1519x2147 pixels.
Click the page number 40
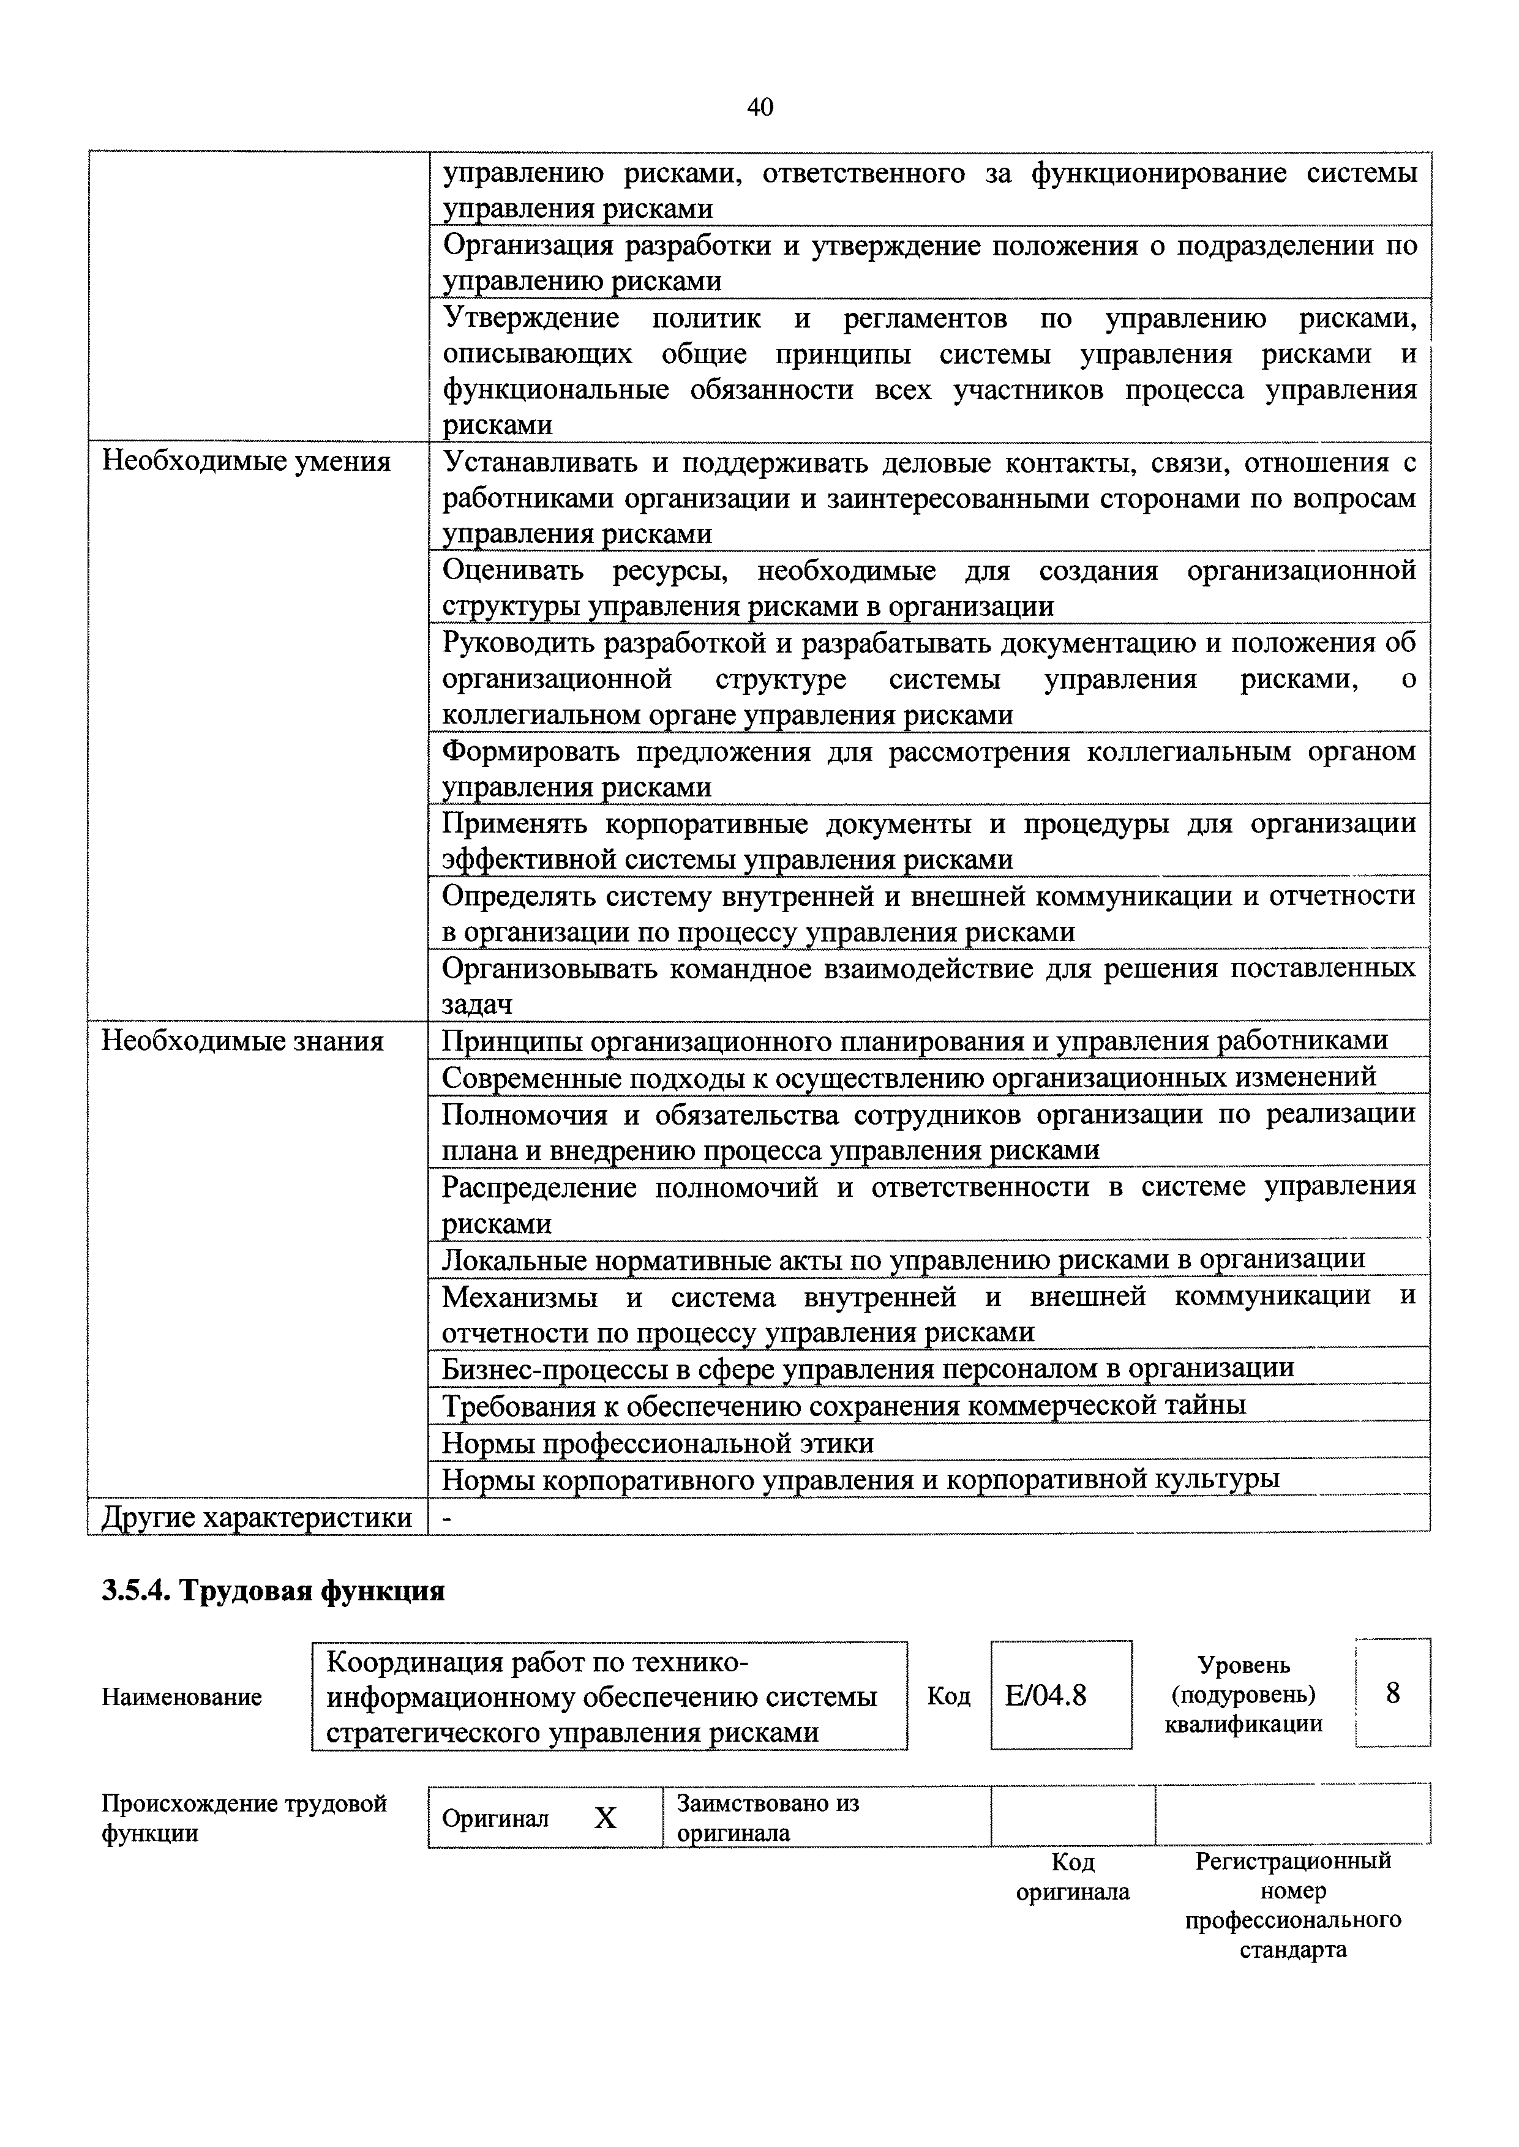point(759,108)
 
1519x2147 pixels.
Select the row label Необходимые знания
point(242,1041)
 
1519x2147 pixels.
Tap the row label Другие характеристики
point(257,1517)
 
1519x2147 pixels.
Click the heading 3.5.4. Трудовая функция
point(272,1591)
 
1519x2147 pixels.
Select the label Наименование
point(181,1696)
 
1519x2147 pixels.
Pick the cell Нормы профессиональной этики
point(658,1443)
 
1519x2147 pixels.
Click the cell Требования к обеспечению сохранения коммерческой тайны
point(844,1406)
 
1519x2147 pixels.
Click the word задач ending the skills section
point(478,1004)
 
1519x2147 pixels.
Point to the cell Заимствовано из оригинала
point(767,1818)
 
